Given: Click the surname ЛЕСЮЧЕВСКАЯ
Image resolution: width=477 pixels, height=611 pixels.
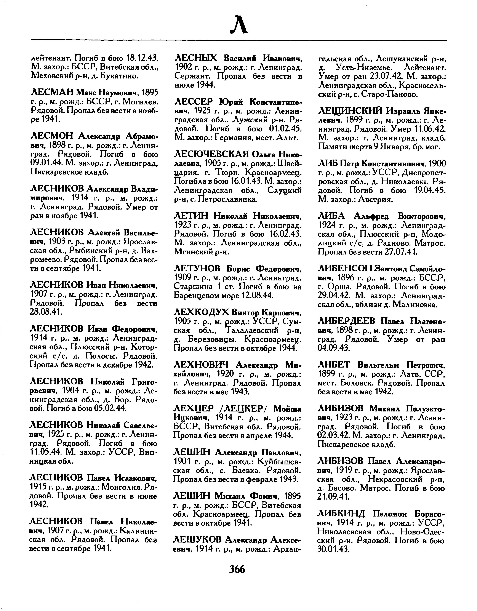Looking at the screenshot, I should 211,154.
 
